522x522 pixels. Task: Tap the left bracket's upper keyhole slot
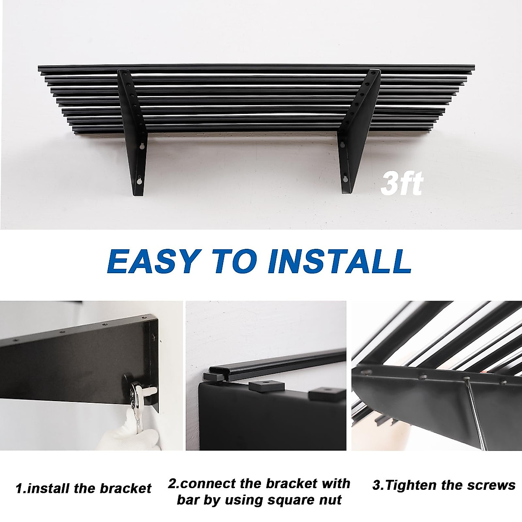pyautogui.click(x=141, y=147)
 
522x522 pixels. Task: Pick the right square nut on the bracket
pyautogui.click(x=325, y=395)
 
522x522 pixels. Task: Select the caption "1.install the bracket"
pyautogui.click(x=83, y=488)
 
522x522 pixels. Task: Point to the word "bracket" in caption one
pyautogui.click(x=126, y=488)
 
